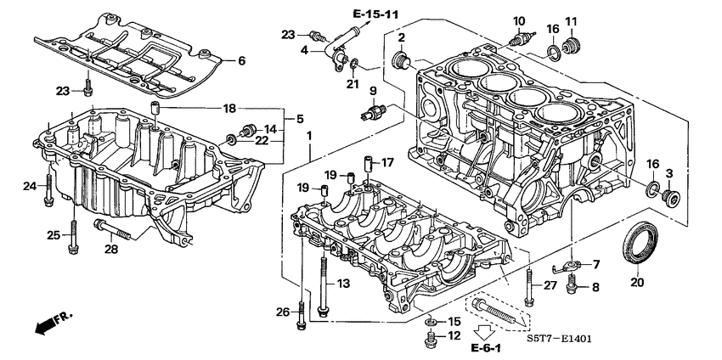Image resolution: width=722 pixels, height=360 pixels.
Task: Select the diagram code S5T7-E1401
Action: click(x=553, y=339)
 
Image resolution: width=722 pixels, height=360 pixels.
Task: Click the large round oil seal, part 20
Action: click(x=640, y=243)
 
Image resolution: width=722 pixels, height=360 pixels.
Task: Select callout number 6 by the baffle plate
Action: click(x=240, y=61)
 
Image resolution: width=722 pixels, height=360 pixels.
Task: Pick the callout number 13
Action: click(x=343, y=282)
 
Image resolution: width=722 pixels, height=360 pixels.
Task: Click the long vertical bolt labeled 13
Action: click(x=324, y=285)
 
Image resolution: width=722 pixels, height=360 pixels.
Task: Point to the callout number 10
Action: click(x=518, y=20)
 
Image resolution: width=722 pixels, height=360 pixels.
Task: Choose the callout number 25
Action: click(x=53, y=234)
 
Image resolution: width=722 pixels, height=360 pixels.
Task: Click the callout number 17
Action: click(x=386, y=162)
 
